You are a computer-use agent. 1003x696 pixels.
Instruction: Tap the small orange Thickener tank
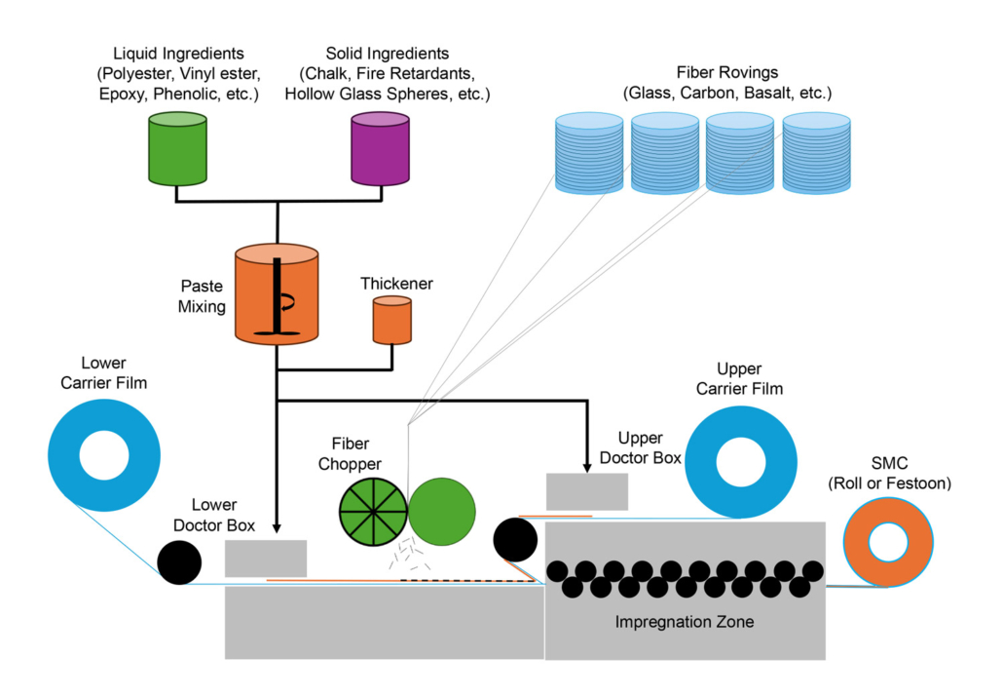pos(392,321)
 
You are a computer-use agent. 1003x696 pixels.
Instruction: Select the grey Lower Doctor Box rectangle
pos(266,559)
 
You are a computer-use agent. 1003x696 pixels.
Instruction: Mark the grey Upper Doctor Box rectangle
pos(586,491)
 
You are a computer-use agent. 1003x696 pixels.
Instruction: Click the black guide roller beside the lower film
pos(179,562)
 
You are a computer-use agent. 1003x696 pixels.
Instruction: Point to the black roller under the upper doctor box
pos(516,538)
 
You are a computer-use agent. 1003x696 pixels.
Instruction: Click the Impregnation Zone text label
pos(685,621)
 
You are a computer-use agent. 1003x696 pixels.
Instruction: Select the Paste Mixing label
pos(202,296)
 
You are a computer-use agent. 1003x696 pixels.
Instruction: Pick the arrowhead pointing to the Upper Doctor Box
pos(587,463)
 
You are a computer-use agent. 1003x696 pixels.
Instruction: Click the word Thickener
pos(396,284)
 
